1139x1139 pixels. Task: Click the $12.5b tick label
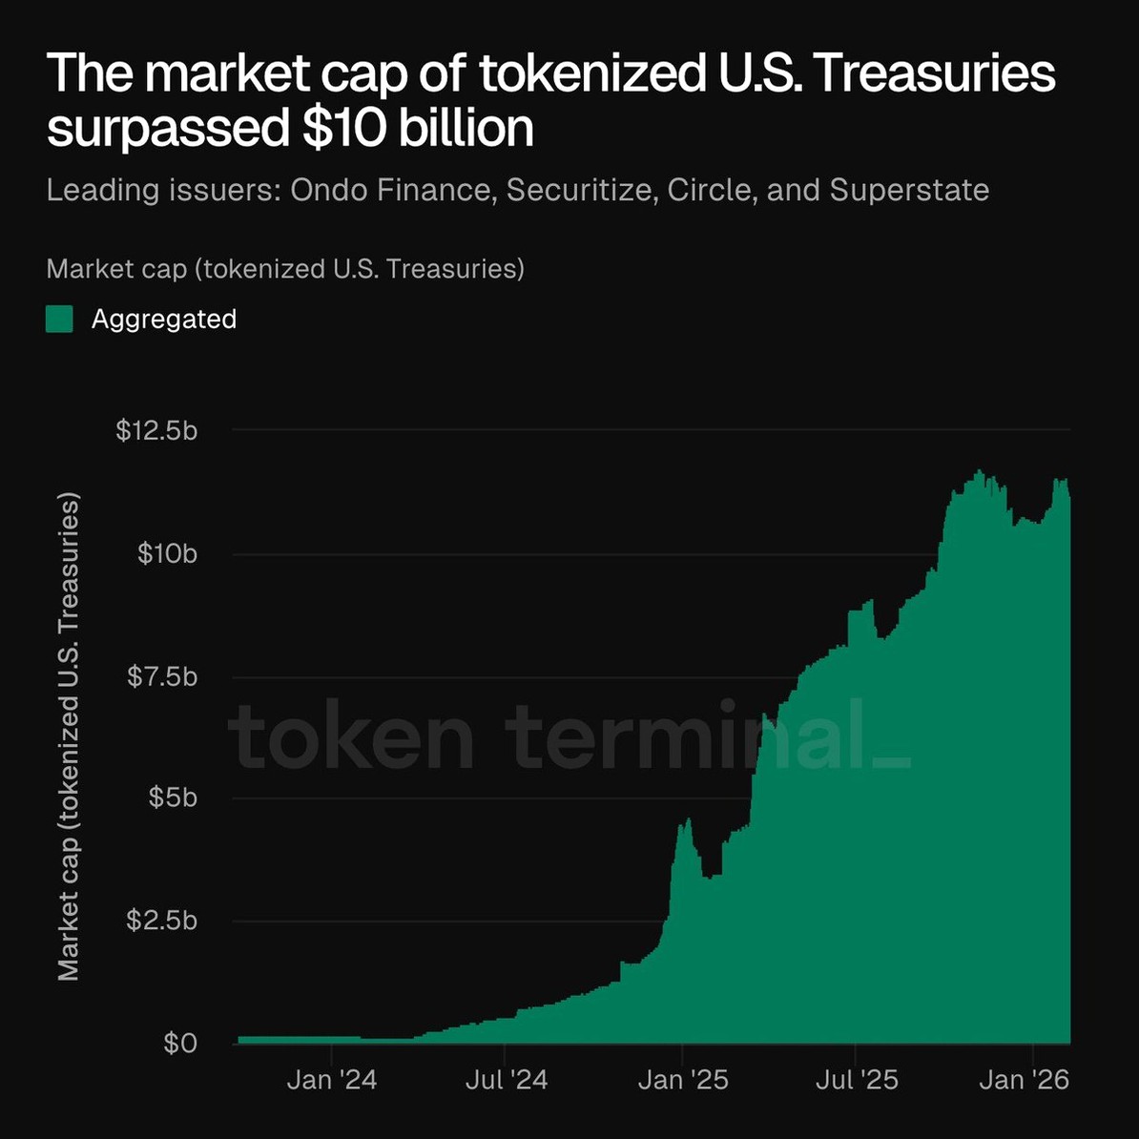pyautogui.click(x=156, y=430)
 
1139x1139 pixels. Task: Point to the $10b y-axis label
pyautogui.click(x=167, y=553)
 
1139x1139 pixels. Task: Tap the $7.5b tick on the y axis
pyautogui.click(x=162, y=676)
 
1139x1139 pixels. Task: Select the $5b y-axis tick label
pyautogui.click(x=173, y=797)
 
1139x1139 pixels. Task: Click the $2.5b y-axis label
pyautogui.click(x=162, y=921)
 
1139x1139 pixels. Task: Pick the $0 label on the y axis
pyautogui.click(x=179, y=1043)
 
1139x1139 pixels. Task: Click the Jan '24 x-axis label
pyautogui.click(x=332, y=1079)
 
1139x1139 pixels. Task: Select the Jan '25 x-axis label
pyautogui.click(x=683, y=1079)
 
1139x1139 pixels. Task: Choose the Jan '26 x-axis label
pyautogui.click(x=1025, y=1079)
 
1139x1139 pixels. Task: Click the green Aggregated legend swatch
pyautogui.click(x=59, y=319)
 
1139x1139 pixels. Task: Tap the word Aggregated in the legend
pyautogui.click(x=164, y=319)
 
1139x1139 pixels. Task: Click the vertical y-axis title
pyautogui.click(x=69, y=736)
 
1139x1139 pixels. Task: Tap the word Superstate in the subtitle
pyautogui.click(x=909, y=190)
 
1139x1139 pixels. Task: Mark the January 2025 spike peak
pyautogui.click(x=688, y=819)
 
